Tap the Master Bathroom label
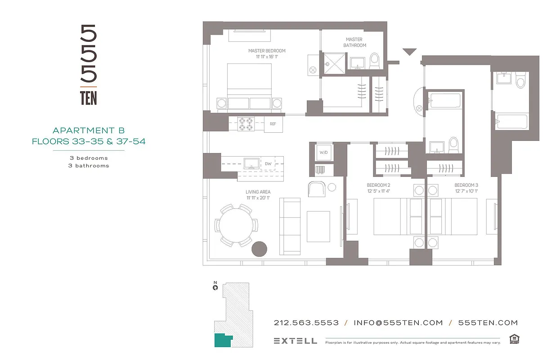click(354, 42)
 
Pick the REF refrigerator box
click(273, 124)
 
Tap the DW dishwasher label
click(268, 164)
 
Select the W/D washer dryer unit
click(323, 153)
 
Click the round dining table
click(236, 225)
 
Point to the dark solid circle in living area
click(260, 249)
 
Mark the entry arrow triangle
click(409, 52)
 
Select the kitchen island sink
click(251, 163)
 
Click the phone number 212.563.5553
click(306, 323)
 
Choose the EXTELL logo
click(295, 341)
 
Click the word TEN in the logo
click(89, 98)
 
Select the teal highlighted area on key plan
click(222, 340)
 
